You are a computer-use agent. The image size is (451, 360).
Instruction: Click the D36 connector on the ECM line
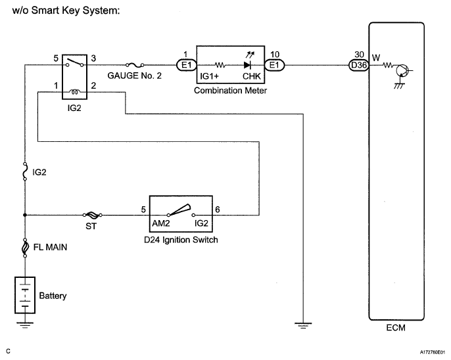click(x=358, y=65)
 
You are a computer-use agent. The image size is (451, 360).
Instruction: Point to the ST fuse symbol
click(x=93, y=215)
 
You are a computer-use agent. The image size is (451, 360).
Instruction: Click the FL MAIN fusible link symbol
click(x=25, y=248)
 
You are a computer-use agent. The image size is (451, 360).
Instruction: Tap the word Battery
click(x=53, y=296)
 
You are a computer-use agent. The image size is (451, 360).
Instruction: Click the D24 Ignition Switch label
click(x=181, y=240)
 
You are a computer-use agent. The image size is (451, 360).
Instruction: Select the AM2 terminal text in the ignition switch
click(x=161, y=223)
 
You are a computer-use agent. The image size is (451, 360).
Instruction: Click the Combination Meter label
click(x=231, y=90)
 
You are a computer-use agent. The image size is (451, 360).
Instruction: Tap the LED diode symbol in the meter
click(x=247, y=65)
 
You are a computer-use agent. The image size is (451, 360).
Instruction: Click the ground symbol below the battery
click(x=25, y=323)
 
